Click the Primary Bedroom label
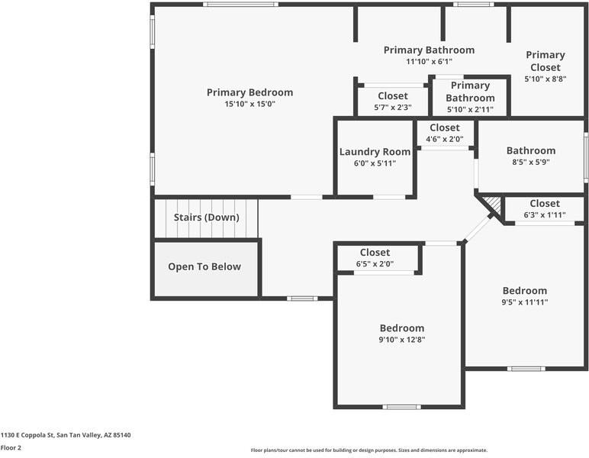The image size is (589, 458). coord(249,92)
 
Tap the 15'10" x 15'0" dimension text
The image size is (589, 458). coord(249,104)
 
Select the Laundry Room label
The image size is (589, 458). coord(375,151)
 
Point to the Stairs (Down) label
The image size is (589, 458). coord(206,218)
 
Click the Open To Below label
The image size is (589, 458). coord(204,266)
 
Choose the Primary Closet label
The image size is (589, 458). coord(546,61)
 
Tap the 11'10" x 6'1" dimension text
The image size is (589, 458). coord(429,62)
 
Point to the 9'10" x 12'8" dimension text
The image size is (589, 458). coord(402,340)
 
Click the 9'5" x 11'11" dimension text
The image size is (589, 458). coord(525,302)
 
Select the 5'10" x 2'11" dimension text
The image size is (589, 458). coord(470,109)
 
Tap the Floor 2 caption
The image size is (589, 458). coord(11,448)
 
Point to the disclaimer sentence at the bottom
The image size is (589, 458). coord(369,450)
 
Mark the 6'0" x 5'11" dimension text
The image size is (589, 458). coord(375,163)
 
